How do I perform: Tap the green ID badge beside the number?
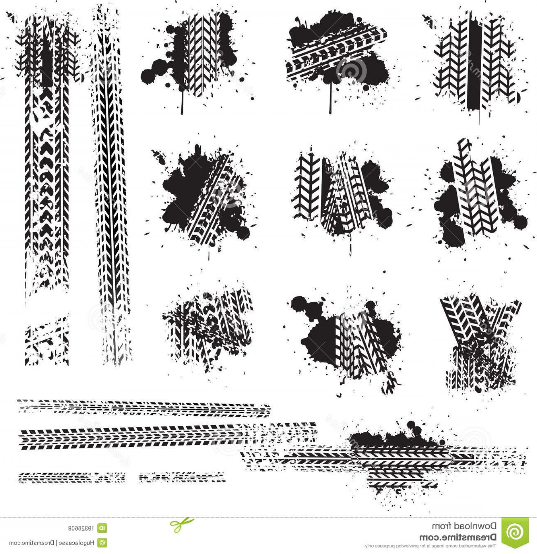[x=102, y=528]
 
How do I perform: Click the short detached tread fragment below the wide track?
[x=46, y=340]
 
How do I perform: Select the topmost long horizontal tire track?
[x=145, y=406]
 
